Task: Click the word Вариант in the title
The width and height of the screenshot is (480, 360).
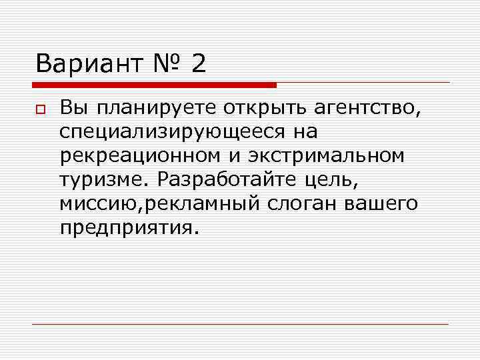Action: click(x=89, y=64)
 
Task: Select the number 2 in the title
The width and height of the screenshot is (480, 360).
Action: click(x=199, y=64)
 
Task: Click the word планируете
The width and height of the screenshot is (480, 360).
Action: click(x=134, y=107)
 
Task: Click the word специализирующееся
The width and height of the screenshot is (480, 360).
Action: click(x=169, y=131)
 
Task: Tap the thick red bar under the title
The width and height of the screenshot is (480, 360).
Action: click(x=153, y=85)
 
